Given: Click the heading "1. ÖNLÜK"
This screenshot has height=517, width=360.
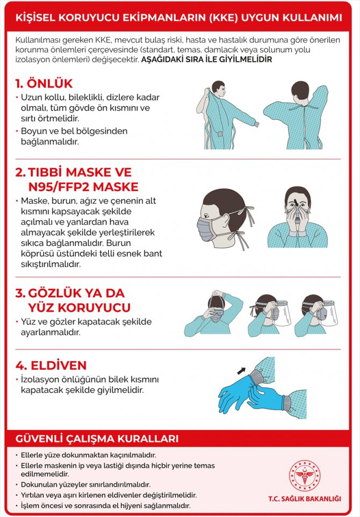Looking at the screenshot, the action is pyautogui.click(x=44, y=84).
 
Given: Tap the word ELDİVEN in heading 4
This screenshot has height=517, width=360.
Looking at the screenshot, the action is pyautogui.click(x=59, y=365).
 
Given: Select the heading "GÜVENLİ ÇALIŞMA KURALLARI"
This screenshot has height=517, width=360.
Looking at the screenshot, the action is pyautogui.click(x=97, y=439).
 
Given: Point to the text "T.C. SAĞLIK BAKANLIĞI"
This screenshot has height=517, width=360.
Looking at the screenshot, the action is pyautogui.click(x=305, y=499).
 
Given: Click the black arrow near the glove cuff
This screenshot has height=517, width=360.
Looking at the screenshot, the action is pyautogui.click(x=242, y=371).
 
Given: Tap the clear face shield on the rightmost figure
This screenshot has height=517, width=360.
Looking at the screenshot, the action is pyautogui.click(x=329, y=313).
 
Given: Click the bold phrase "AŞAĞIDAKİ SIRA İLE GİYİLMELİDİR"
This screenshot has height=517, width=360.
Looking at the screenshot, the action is pyautogui.click(x=207, y=60).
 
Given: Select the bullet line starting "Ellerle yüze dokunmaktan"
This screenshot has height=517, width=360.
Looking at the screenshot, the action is pyautogui.click(x=88, y=455).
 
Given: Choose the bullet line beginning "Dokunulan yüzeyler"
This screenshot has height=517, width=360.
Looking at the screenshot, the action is pyautogui.click(x=86, y=485).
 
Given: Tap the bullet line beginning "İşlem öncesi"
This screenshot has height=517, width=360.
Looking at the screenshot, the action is pyautogui.click(x=105, y=506).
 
